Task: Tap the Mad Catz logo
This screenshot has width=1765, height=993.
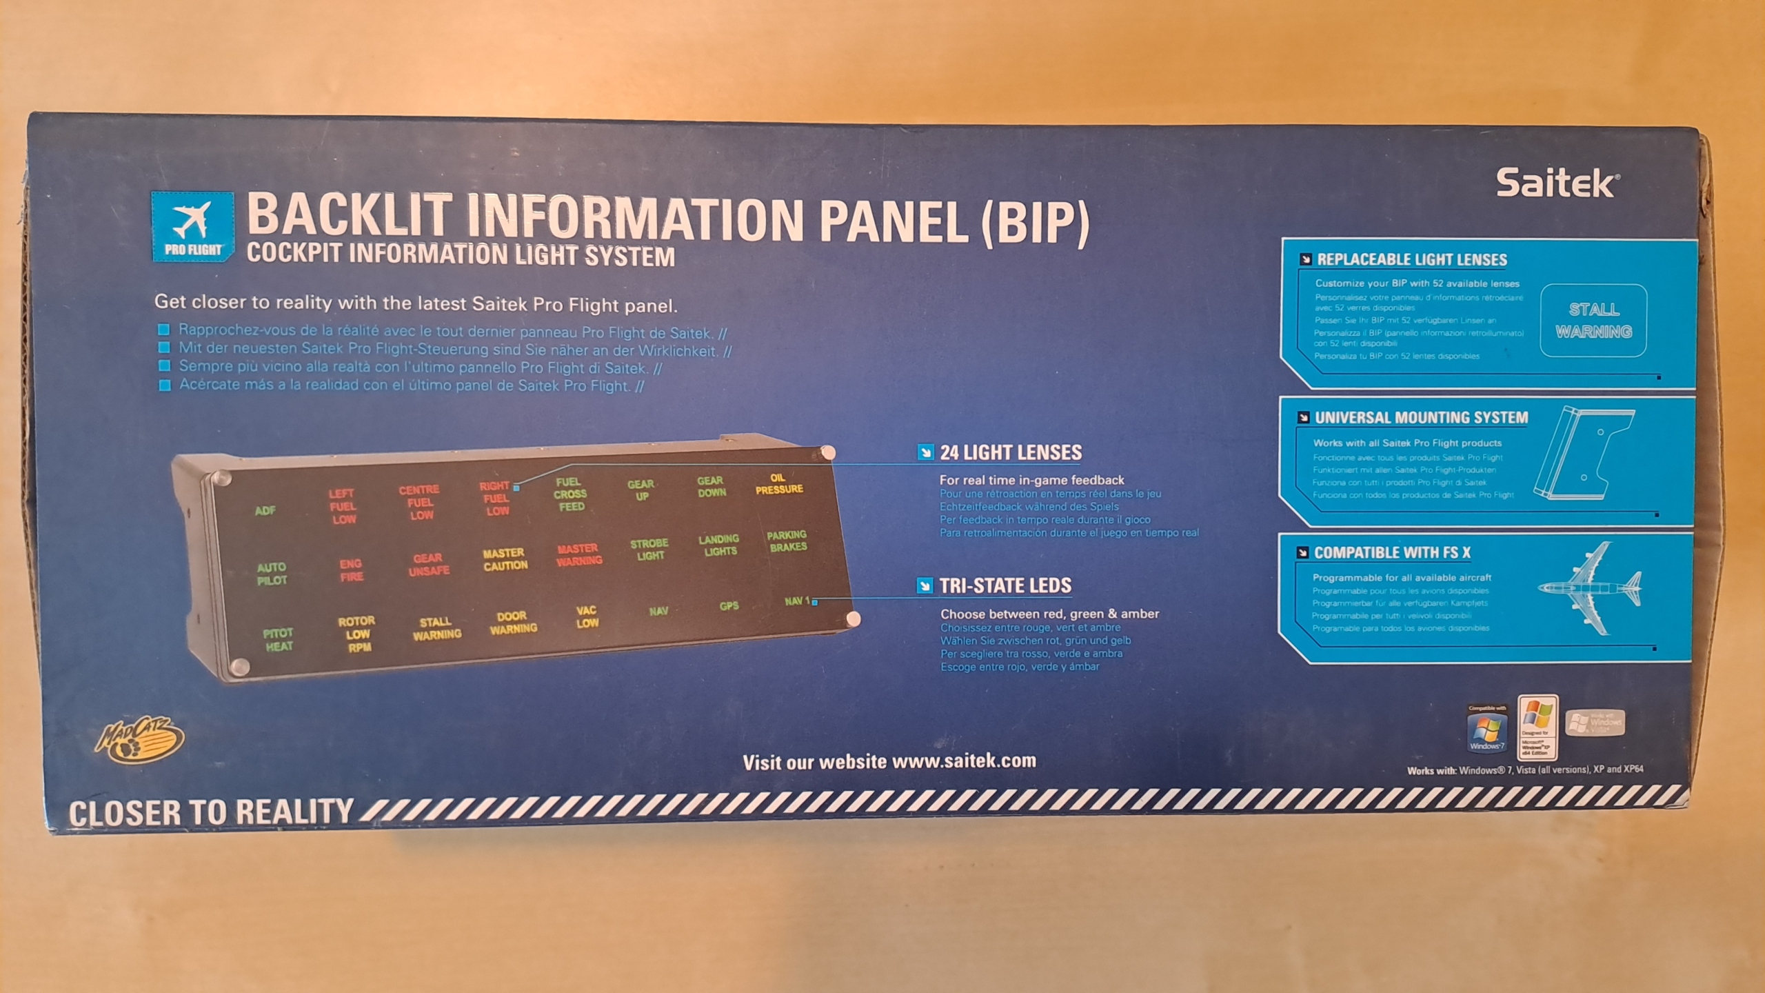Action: click(x=140, y=741)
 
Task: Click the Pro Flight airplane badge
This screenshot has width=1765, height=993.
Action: click(x=192, y=227)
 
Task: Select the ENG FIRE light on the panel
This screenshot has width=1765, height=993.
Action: click(x=351, y=570)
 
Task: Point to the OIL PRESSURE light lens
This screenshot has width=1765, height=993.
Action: click(x=778, y=483)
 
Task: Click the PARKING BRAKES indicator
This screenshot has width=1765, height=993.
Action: click(x=787, y=541)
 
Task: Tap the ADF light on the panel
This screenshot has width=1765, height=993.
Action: click(x=265, y=510)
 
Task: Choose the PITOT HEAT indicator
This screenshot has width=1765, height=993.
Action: click(x=279, y=640)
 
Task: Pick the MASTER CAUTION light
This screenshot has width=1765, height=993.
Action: click(x=505, y=559)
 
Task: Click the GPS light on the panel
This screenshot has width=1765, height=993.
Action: click(x=729, y=606)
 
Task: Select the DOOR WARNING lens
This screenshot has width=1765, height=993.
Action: click(x=513, y=622)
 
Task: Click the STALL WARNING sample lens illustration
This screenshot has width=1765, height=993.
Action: click(x=1593, y=321)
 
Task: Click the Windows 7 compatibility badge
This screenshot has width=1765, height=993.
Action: click(x=1487, y=730)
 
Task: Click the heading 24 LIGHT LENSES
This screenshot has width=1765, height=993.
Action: click(x=1011, y=453)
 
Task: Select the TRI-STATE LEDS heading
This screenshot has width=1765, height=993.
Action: click(x=1005, y=586)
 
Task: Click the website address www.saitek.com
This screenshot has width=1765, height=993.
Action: click(x=964, y=761)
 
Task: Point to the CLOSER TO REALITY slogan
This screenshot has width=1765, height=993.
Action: click(x=211, y=813)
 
